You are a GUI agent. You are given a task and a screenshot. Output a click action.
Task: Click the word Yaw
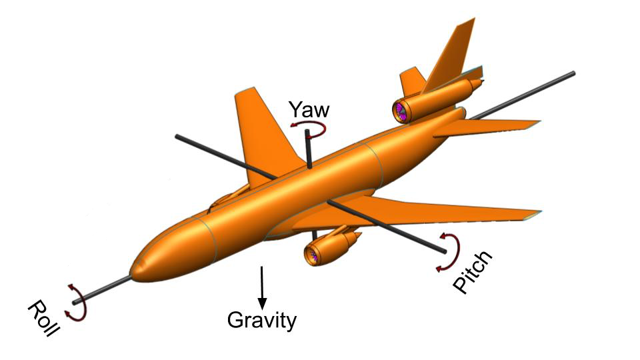click(x=309, y=109)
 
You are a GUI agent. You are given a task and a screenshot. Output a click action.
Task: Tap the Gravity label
click(x=261, y=321)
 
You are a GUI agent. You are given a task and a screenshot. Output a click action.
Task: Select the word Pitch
click(x=472, y=271)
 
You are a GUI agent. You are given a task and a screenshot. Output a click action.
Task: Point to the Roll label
click(x=43, y=317)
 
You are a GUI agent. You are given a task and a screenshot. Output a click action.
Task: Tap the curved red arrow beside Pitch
click(x=451, y=251)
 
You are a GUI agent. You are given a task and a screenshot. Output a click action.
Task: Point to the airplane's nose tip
click(x=131, y=273)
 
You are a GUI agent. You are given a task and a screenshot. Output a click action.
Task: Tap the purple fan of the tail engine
click(x=399, y=112)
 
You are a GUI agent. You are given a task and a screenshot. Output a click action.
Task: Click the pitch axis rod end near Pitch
click(x=443, y=251)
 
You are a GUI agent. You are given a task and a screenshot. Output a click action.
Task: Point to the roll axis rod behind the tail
click(x=523, y=95)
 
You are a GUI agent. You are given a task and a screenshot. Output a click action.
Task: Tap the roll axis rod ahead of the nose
click(x=102, y=290)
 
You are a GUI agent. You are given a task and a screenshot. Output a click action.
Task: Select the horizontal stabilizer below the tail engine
click(x=486, y=127)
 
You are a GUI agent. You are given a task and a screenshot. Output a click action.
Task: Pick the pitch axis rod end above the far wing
click(x=177, y=136)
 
